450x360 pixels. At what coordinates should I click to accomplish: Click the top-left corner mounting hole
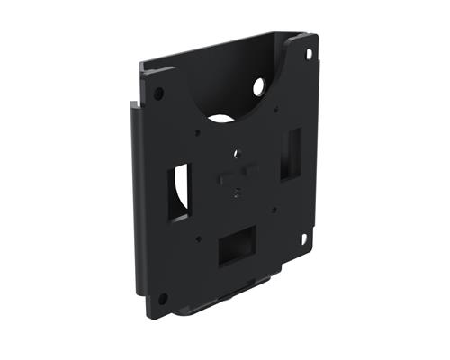[x=159, y=93]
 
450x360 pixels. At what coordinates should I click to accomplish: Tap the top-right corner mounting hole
[x=309, y=55]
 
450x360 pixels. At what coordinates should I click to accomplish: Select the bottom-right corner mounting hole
[x=304, y=238]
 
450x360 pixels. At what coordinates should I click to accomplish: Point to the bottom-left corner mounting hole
[x=163, y=298]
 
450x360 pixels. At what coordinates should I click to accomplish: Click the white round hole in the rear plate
[x=259, y=88]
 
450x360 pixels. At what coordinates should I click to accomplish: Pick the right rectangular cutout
[x=291, y=153]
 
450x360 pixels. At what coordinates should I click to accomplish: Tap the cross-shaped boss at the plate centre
[x=237, y=172]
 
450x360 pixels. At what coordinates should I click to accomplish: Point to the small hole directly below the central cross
[x=237, y=191]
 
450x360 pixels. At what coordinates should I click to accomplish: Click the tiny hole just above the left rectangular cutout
[x=196, y=133]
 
